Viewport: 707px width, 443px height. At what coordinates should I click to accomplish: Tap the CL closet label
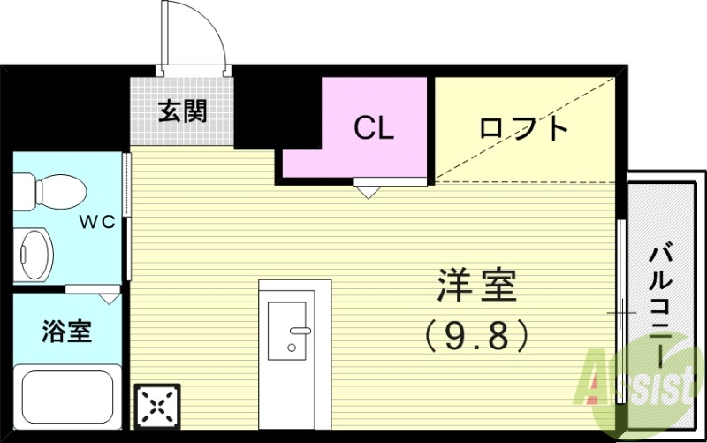[x=374, y=128]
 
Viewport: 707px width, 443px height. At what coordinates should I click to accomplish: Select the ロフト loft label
[x=523, y=129]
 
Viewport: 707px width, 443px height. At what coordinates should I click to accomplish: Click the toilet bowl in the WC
[x=53, y=189]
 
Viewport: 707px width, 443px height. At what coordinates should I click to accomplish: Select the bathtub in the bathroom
[x=68, y=397]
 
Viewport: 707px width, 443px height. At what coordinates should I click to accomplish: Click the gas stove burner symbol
[x=157, y=407]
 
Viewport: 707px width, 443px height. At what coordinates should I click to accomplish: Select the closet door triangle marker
[x=368, y=188]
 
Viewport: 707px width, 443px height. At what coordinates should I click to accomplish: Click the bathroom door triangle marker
[x=108, y=298]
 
